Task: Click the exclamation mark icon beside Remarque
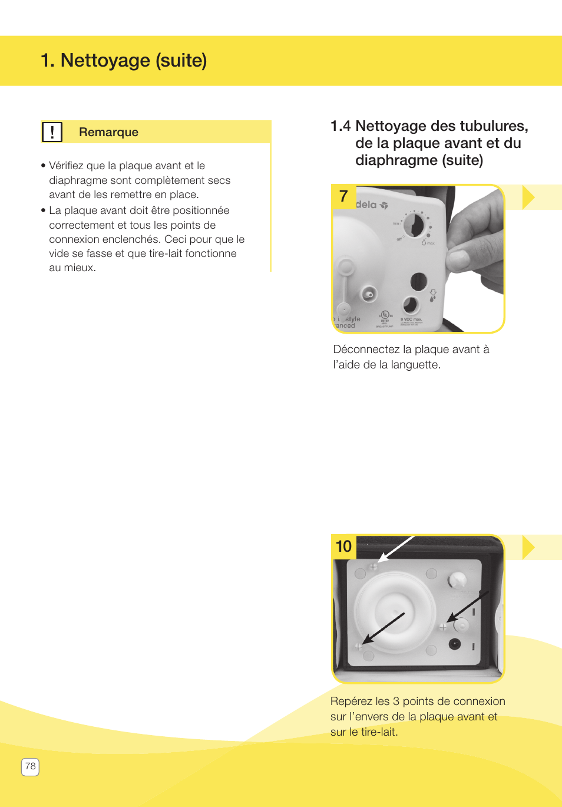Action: (52, 132)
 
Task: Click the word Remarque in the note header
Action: (108, 132)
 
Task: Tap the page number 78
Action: (30, 766)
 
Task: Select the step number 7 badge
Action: (343, 196)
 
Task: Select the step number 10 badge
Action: (343, 546)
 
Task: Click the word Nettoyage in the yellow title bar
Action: (105, 60)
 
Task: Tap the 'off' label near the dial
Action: (399, 239)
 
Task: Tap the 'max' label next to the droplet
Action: (431, 243)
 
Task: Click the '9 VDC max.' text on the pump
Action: (411, 319)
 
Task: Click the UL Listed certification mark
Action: (385, 315)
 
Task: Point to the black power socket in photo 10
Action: (454, 644)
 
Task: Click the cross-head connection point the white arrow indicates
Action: (373, 567)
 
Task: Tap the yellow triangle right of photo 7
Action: (528, 197)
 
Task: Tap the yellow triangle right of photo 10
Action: (528, 547)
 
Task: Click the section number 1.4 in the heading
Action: (340, 126)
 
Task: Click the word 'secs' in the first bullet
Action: (219, 180)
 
